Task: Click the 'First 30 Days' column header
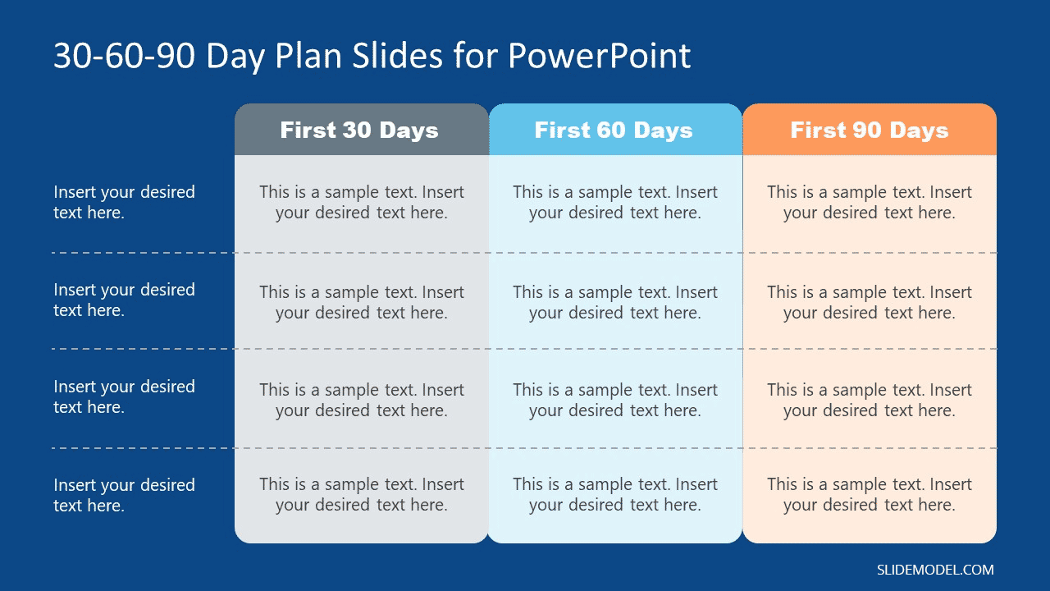coord(359,131)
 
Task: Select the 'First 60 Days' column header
coord(614,131)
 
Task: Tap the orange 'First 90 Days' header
coord(870,131)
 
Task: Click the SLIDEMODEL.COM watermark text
coord(935,570)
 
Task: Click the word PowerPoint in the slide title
coord(599,56)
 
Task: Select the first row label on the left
coord(125,202)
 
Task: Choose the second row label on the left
coord(125,300)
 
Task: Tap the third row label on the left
coord(125,396)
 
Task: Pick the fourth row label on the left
coord(125,495)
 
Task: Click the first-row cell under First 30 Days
coord(362,202)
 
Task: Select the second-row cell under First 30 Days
coord(362,302)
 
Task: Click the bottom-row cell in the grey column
coord(362,495)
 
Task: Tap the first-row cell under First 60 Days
coord(615,202)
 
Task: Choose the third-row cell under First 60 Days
coord(615,400)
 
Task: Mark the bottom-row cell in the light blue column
coord(615,495)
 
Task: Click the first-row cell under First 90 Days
coord(870,202)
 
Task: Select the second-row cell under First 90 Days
coord(870,302)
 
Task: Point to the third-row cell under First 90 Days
coord(870,400)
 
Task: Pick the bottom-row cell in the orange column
coord(870,495)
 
